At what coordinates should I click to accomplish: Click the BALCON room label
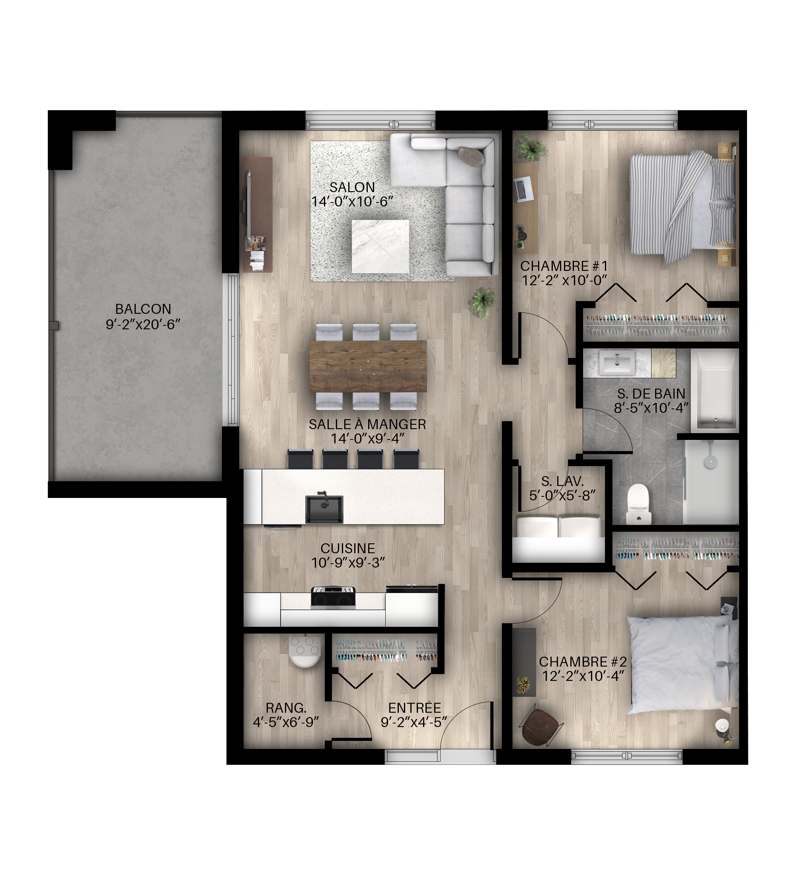[143, 309]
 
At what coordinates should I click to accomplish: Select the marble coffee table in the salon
[380, 247]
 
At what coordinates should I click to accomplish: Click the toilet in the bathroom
[639, 504]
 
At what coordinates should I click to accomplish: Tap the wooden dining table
[368, 366]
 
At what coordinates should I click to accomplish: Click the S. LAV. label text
[562, 481]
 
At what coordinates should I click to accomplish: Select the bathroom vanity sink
[617, 363]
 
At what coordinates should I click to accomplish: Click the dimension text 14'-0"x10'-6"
[352, 201]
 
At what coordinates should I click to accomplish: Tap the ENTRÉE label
[415, 708]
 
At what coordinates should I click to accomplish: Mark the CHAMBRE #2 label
[583, 661]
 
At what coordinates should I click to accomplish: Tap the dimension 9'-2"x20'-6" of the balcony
[143, 324]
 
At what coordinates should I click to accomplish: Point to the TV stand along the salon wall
[258, 214]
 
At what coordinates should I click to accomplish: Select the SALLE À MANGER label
[367, 424]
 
